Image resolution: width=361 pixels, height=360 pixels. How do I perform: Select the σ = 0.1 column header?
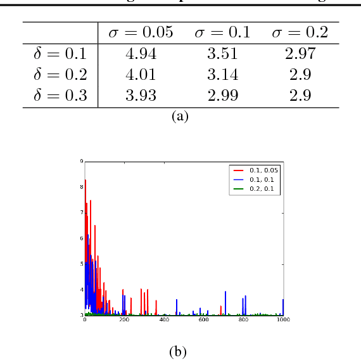[x=222, y=32]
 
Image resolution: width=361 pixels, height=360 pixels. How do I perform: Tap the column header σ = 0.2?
[x=300, y=32]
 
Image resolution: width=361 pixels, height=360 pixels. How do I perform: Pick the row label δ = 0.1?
[x=60, y=54]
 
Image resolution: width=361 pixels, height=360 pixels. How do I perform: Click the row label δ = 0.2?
[x=60, y=75]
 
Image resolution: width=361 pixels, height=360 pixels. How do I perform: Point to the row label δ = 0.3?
[x=60, y=96]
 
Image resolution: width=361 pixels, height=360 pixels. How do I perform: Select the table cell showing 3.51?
[x=222, y=54]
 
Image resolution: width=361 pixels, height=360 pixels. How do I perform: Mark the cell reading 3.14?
[x=222, y=75]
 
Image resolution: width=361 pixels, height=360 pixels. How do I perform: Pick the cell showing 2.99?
[x=222, y=96]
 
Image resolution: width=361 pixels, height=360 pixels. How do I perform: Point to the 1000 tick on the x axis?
[x=283, y=320]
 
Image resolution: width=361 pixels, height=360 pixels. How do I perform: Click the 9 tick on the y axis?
[x=82, y=162]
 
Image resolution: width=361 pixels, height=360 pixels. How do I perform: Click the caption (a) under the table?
[x=180, y=117]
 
